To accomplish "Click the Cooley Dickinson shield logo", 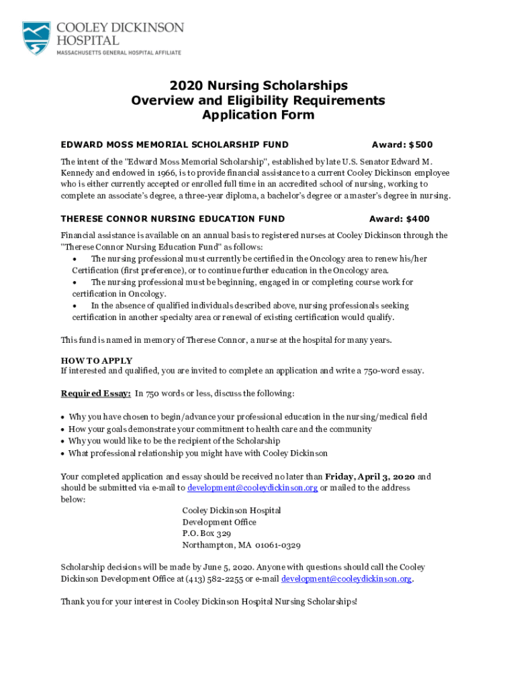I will click(x=36, y=38).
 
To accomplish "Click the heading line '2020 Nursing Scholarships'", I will click(x=258, y=85).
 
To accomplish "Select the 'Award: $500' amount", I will click(x=402, y=144).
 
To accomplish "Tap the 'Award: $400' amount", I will click(x=399, y=219).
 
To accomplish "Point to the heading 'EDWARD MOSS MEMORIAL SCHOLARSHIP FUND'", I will click(x=175, y=144).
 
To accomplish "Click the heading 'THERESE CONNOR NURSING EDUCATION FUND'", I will click(x=173, y=219).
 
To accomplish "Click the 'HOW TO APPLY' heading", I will click(x=97, y=360).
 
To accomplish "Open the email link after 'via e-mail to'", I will click(x=252, y=488).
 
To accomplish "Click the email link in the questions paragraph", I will click(x=346, y=578).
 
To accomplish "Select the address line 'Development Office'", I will click(x=219, y=522).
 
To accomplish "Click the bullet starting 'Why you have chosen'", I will click(x=248, y=417).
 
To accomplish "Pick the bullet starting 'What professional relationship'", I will click(x=198, y=453).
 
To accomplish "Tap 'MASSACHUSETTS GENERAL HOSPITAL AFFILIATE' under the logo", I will click(x=118, y=52).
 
